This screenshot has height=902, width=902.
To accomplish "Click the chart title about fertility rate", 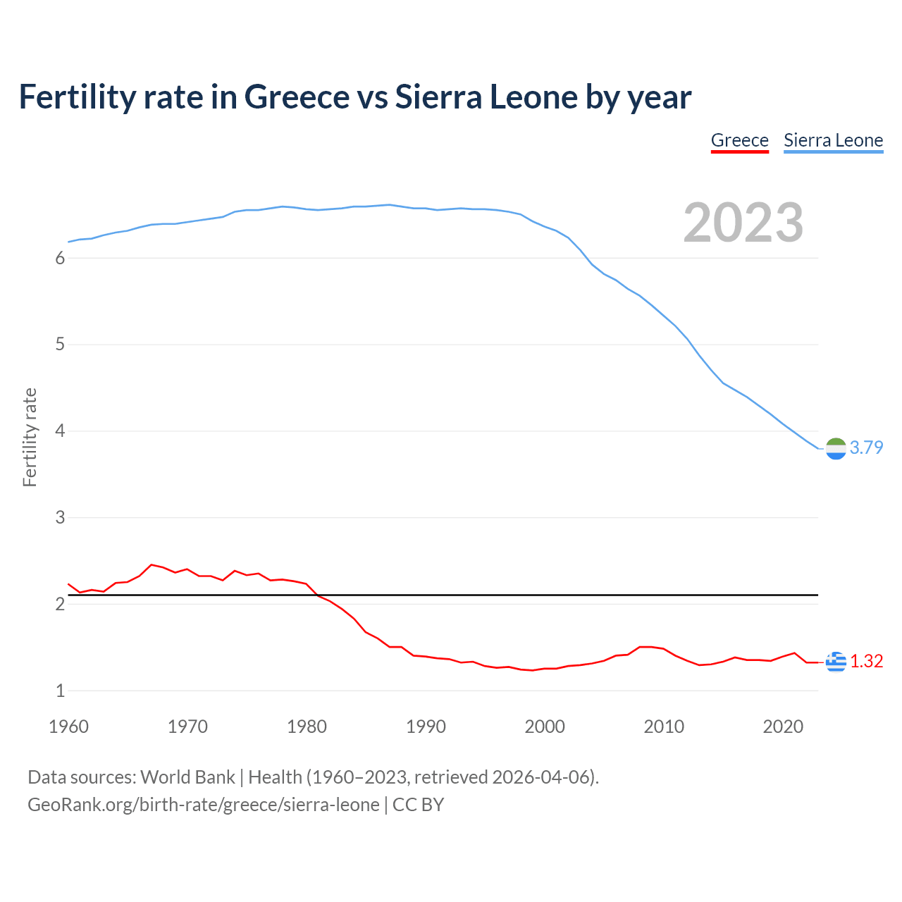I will coord(355,97).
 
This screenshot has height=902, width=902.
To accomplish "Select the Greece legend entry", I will coord(739,140).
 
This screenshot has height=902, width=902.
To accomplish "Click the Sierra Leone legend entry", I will coord(833,140).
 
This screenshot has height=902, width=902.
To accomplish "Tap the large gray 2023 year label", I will coord(743,223).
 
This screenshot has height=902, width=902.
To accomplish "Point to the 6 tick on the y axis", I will coord(60,258).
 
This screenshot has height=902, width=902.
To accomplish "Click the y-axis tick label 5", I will coord(60,345).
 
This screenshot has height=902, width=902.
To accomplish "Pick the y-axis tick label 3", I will coord(60,517).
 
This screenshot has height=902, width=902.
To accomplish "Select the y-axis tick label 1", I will coord(60,691).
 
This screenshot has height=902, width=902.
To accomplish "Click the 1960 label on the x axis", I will coord(68,727).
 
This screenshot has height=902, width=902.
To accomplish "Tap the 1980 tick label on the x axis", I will coord(307,727).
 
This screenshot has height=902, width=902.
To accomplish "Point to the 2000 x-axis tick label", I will coord(545,727).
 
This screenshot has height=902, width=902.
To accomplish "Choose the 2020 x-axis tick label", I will coord(783,727).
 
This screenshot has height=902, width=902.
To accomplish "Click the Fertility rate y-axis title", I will coord(30,437).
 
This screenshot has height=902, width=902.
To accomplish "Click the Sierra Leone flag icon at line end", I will coord(836,448).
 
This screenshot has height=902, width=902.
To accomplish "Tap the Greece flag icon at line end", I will coord(836,662).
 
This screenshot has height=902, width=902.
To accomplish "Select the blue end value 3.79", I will coord(866,447).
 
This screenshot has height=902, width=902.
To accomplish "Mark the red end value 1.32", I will coord(866,661).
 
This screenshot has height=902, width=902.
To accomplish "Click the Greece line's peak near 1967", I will coord(152,564).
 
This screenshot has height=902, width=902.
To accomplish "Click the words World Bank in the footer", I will coord(187,777).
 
